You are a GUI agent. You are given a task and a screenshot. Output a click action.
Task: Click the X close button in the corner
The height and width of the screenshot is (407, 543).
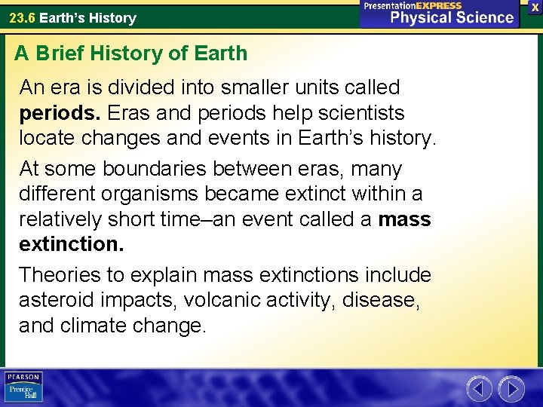534,7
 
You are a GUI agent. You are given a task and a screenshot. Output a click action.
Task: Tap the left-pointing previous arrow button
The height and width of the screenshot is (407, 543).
480,389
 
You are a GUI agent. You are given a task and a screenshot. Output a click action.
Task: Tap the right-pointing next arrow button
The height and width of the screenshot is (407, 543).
511,389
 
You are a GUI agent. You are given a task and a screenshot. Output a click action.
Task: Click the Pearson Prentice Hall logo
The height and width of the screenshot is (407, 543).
23,387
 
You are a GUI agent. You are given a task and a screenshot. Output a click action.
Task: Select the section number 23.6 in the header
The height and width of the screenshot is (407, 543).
21,17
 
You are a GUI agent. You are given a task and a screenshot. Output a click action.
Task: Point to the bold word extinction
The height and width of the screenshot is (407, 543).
71,245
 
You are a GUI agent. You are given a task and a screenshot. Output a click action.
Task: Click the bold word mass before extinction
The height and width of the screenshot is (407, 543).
404,220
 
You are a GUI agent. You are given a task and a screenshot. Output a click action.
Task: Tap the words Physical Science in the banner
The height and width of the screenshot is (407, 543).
452,17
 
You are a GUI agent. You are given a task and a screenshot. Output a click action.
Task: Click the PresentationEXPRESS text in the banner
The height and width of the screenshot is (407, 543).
413,5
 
